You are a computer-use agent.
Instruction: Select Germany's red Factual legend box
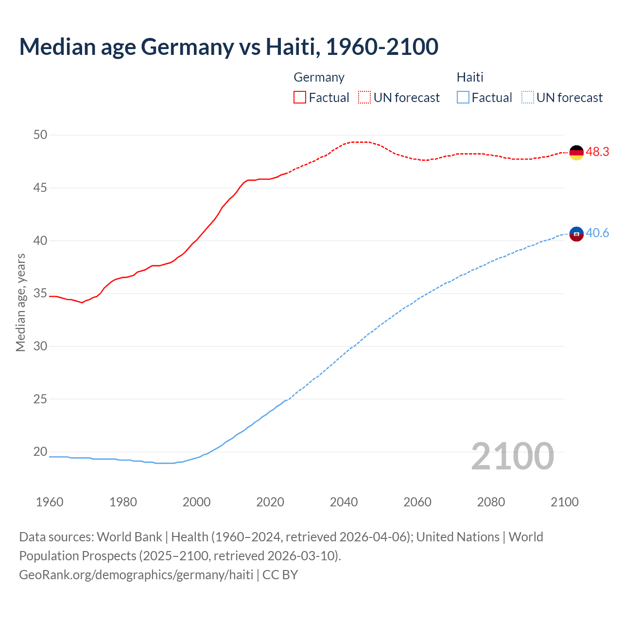(300, 97)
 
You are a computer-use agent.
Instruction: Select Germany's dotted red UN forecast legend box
(364, 97)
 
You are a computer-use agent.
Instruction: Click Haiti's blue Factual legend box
(463, 97)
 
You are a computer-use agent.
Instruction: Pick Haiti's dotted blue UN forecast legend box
(527, 97)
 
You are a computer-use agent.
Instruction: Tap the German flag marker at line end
(576, 152)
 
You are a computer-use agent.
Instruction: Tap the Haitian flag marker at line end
(576, 234)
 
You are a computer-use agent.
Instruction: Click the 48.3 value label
(597, 152)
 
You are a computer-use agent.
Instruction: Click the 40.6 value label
(597, 233)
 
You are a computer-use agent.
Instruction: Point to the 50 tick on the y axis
(40, 135)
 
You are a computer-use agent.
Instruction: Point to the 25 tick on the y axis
(40, 399)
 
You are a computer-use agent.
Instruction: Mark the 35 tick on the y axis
(40, 294)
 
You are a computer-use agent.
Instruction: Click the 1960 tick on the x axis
(50, 502)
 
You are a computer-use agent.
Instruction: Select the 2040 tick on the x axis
(344, 502)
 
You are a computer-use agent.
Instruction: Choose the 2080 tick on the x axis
(491, 502)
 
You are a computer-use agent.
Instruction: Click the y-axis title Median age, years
(20, 302)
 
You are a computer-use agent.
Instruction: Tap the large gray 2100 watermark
(513, 456)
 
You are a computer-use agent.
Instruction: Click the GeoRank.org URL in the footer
(136, 575)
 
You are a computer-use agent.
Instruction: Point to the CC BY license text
(280, 575)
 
